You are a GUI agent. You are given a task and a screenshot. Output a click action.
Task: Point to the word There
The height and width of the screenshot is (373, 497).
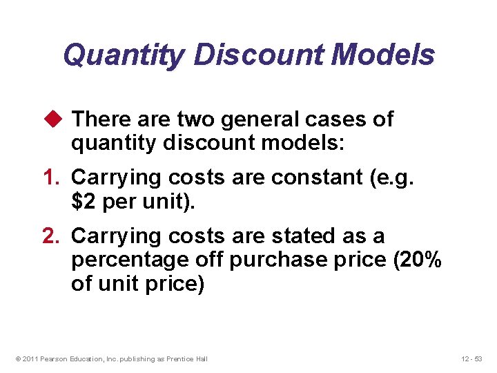103,119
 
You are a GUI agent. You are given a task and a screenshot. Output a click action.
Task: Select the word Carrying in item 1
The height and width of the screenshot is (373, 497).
113,178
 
